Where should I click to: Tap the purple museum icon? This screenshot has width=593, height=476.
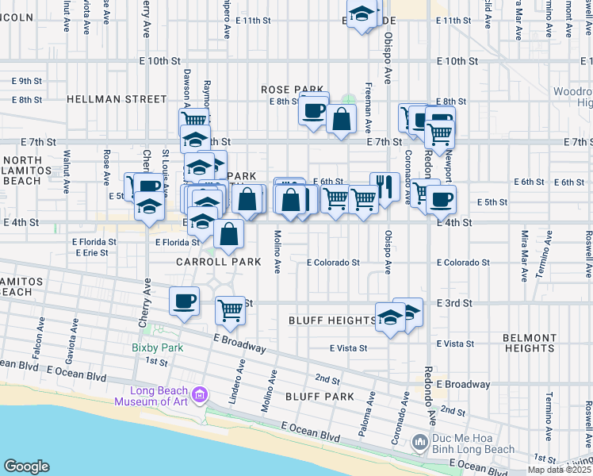click(199, 394)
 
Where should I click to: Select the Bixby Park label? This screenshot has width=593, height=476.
click(157, 347)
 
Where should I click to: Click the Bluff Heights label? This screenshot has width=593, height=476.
click(331, 321)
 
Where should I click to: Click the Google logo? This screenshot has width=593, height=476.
click(26, 466)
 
